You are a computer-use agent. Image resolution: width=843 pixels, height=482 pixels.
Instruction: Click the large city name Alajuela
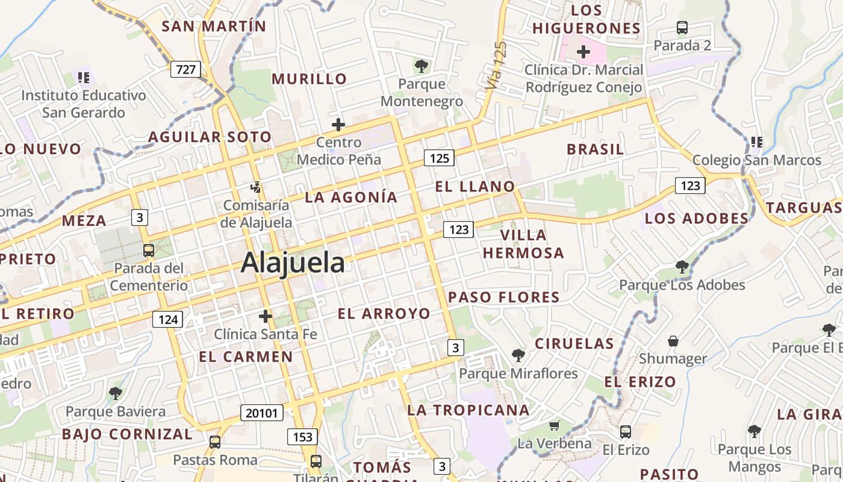(293, 263)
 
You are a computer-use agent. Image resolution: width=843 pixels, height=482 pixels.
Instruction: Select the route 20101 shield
(261, 413)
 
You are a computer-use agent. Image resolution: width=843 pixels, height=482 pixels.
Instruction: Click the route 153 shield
(302, 436)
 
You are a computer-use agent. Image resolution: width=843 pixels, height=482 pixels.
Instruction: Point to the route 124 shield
(167, 319)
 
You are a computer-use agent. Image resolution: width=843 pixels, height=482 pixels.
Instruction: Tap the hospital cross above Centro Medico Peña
(338, 125)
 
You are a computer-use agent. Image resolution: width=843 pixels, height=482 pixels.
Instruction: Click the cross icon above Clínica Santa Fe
(265, 316)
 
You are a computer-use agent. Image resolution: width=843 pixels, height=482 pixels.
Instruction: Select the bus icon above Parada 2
(682, 28)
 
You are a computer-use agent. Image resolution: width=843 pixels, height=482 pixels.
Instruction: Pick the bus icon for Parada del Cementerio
(148, 250)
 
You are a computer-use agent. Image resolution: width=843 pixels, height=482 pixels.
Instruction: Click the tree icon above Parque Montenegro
(421, 66)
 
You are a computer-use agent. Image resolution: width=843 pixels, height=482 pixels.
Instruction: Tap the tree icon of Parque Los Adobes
(682, 266)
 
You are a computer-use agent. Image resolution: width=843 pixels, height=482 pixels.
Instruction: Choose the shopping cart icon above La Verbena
(554, 425)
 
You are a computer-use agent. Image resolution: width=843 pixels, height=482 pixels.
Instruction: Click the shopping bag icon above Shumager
(673, 341)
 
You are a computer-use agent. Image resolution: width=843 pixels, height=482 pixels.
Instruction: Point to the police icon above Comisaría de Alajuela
(256, 187)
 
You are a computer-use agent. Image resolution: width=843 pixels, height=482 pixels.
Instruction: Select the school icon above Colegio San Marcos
(756, 142)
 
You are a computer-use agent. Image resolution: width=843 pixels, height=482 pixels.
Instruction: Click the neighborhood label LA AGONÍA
(351, 197)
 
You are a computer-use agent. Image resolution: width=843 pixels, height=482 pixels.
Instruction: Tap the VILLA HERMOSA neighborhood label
(523, 243)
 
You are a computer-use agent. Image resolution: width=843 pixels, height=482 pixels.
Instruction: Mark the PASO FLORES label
(504, 297)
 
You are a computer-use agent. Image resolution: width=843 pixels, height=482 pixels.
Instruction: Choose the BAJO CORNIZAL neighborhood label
(127, 434)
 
